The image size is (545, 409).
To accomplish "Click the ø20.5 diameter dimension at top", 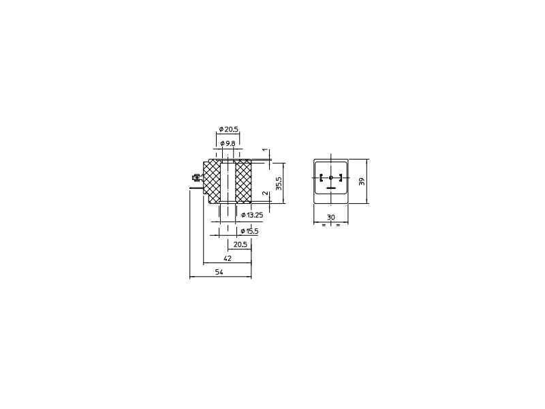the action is click(229, 130).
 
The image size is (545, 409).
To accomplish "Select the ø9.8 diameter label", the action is click(228, 143).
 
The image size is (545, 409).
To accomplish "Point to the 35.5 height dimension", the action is click(279, 183).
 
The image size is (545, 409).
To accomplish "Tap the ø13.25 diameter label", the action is click(252, 215).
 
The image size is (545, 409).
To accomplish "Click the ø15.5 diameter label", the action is click(249, 231).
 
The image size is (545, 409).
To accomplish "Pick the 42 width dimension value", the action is click(228, 258).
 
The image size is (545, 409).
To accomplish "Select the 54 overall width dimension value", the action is click(219, 272).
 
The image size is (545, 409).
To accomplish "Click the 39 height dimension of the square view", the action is click(362, 181).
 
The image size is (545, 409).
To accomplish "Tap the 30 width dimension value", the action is click(331, 217).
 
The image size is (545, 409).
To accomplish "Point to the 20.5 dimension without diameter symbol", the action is click(240, 245).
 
